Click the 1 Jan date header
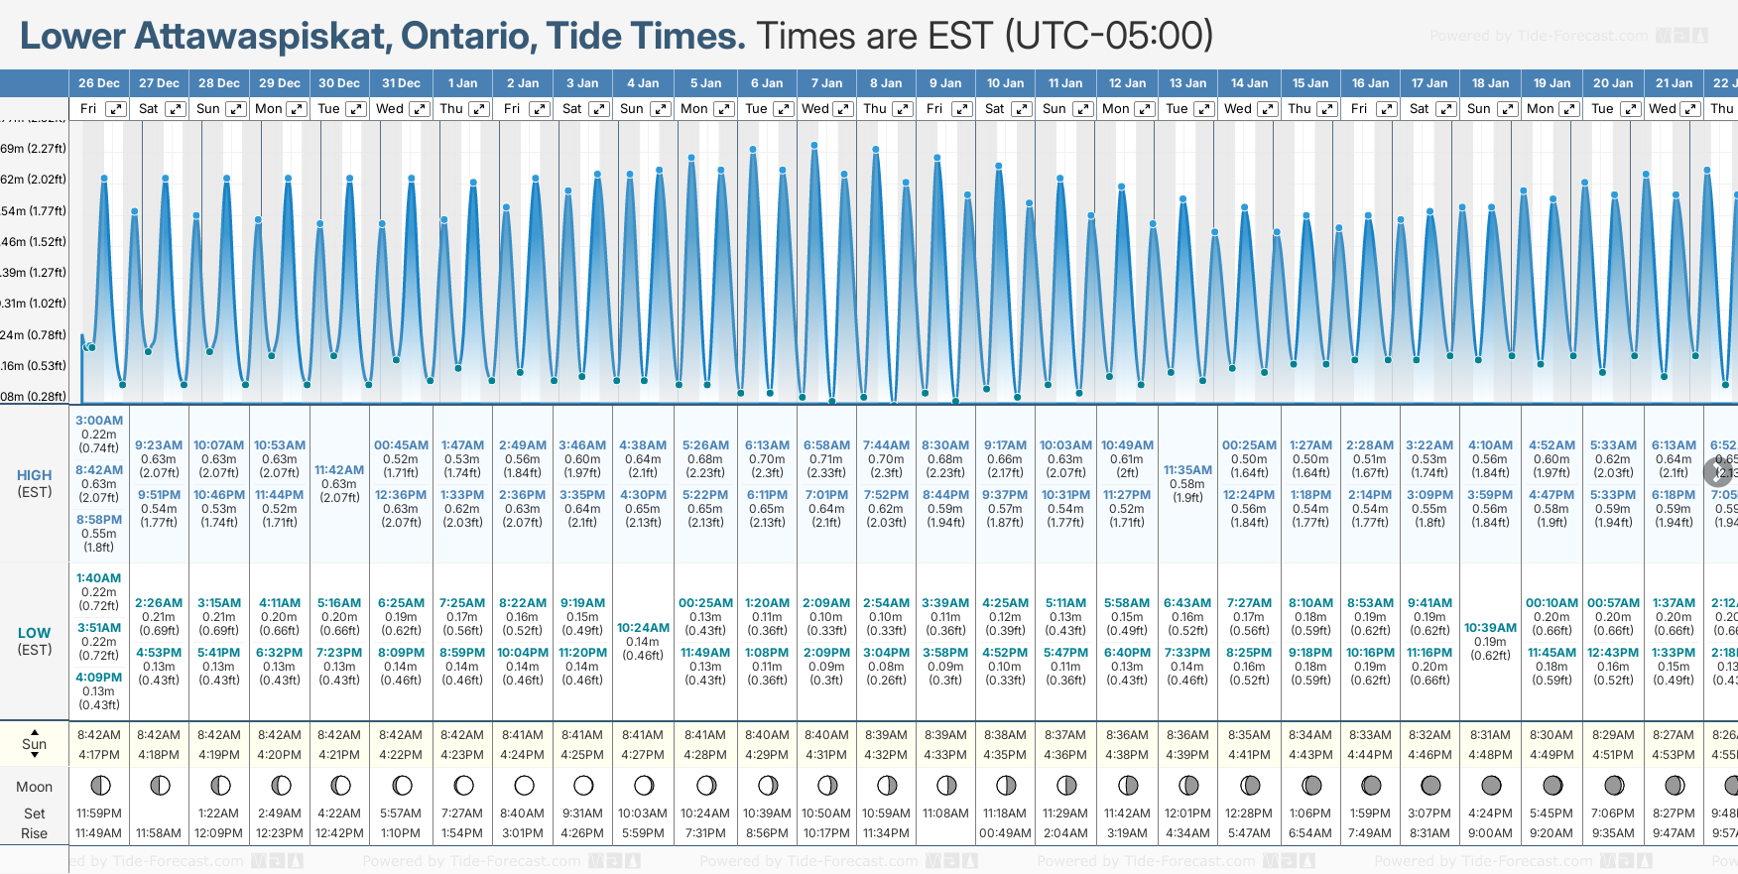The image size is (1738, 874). click(x=462, y=83)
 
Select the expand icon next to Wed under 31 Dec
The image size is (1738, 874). click(x=419, y=109)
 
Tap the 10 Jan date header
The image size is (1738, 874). click(x=1005, y=83)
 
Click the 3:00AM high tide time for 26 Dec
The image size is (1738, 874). click(x=99, y=421)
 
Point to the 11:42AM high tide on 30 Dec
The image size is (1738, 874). click(x=339, y=470)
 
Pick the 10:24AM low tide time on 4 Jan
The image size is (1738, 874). click(x=643, y=628)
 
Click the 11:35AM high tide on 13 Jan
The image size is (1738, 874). click(x=1187, y=470)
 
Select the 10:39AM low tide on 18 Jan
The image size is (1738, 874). click(x=1490, y=628)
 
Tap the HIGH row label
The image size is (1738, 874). click(x=34, y=476)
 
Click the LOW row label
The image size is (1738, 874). click(x=34, y=633)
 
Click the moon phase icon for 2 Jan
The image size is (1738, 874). click(x=523, y=786)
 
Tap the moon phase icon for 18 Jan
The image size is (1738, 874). click(x=1490, y=786)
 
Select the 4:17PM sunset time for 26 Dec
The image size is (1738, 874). click(x=99, y=755)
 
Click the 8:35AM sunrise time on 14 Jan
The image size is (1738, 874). click(x=1249, y=735)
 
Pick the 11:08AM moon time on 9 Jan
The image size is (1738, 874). click(x=945, y=813)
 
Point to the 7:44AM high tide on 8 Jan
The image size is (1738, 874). click(x=886, y=445)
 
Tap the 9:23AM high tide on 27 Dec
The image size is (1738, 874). click(x=159, y=445)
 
